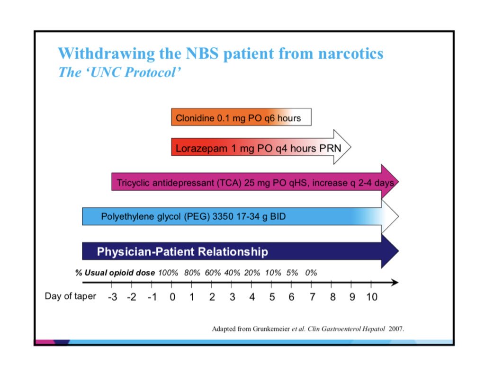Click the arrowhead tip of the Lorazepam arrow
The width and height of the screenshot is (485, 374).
click(350, 147)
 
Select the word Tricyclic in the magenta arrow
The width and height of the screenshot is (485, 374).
click(131, 183)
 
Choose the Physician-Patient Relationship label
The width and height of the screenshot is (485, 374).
click(182, 251)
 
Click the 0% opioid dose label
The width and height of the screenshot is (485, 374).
click(311, 273)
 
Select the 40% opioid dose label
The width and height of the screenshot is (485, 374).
click(232, 273)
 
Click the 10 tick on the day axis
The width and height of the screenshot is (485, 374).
click(371, 297)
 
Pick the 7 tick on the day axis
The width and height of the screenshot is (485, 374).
click(311, 297)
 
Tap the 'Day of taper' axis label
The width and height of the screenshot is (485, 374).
click(70, 296)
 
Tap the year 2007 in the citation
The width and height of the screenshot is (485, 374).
click(396, 329)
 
